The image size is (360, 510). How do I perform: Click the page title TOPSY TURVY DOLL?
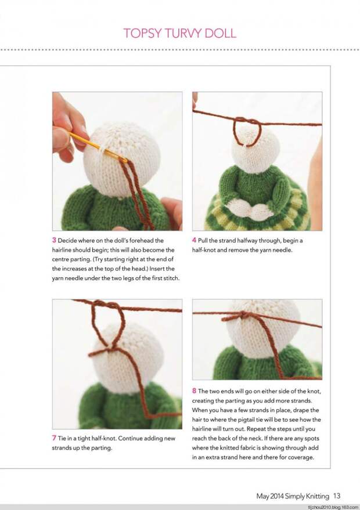click(x=179, y=33)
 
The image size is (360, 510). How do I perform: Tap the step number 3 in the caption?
click(x=54, y=240)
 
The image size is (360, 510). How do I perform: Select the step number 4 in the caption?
click(x=194, y=240)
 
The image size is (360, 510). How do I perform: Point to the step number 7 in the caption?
click(x=54, y=438)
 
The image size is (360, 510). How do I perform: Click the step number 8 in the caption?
click(x=194, y=391)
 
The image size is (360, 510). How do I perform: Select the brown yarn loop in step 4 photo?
click(x=247, y=131)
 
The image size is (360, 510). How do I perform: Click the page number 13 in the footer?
click(x=337, y=496)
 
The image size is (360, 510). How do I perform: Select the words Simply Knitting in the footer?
click(x=309, y=496)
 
